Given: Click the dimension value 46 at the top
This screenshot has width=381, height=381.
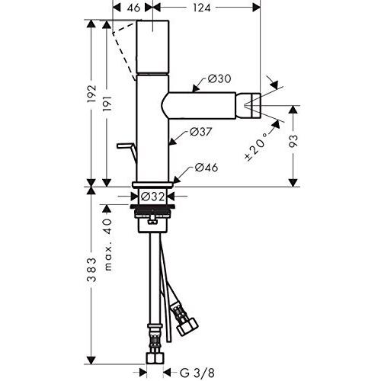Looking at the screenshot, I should point(132,8).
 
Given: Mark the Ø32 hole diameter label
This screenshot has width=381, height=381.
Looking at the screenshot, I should point(157,196).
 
